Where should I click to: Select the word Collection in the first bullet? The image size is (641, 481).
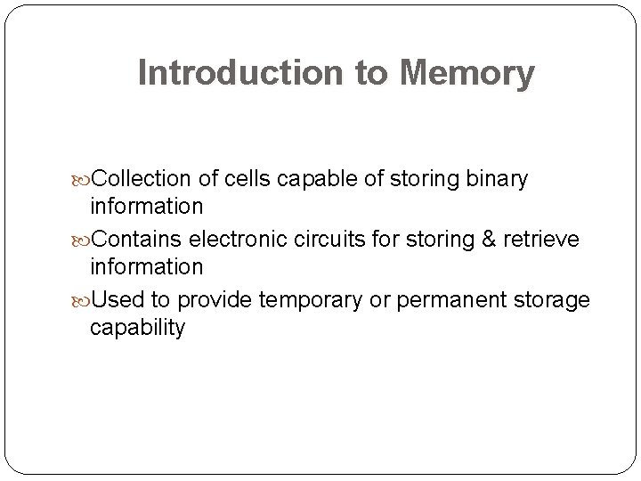(142, 179)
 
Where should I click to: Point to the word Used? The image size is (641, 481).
(114, 300)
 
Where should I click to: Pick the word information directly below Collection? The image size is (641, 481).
(146, 207)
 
